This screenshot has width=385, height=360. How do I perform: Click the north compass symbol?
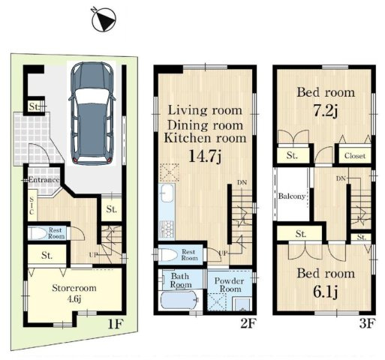tap(104, 19)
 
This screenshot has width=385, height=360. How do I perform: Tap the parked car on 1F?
tap(92, 113)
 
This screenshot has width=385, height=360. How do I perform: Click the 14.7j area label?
tap(205, 156)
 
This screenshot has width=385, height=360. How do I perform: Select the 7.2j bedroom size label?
tap(326, 111)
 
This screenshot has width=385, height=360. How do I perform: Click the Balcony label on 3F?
tap(292, 196)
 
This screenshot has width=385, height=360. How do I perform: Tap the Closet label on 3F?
tap(355, 156)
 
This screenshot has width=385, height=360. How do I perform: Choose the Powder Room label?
tap(230, 285)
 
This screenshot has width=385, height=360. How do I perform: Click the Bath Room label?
tap(181, 280)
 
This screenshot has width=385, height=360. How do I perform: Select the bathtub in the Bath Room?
tap(179, 300)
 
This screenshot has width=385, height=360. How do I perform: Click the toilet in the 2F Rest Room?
tap(168, 255)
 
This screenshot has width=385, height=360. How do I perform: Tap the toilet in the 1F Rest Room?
tap(37, 233)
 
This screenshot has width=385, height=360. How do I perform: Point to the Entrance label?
tap(44, 180)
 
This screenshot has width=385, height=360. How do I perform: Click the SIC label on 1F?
tap(32, 205)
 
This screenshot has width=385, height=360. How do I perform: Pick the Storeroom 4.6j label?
tap(74, 292)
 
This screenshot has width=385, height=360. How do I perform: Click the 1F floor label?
tap(116, 324)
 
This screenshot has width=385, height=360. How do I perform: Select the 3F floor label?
tap(368, 324)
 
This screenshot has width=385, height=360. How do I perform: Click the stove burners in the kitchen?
tap(167, 229)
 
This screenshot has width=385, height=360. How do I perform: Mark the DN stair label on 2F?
tap(242, 183)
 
